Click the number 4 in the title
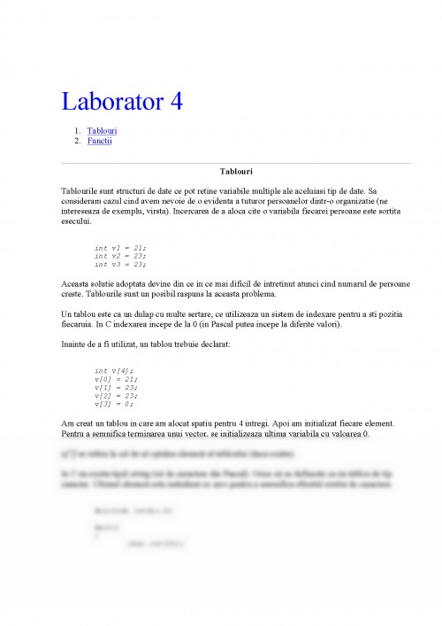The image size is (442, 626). (175, 102)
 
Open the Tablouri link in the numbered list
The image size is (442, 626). (103, 131)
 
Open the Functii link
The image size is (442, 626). (99, 140)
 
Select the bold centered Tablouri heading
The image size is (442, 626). (236, 171)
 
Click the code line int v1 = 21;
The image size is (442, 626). (120, 247)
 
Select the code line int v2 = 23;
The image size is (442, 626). (120, 255)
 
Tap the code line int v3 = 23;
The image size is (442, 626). (120, 264)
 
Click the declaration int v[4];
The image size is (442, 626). (112, 370)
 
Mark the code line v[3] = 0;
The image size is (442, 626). (114, 404)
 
